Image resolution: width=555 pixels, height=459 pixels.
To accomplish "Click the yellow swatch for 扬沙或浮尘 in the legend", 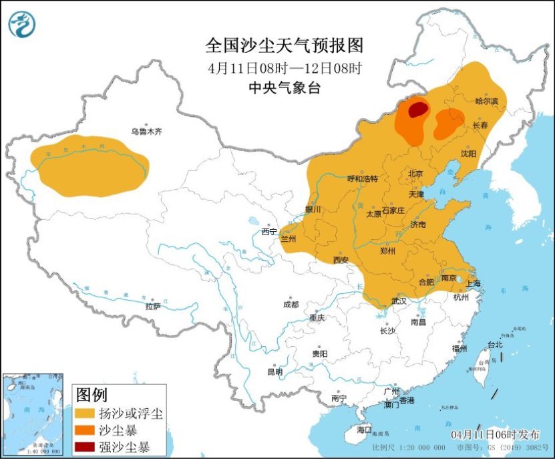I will pyautogui.click(x=85, y=414).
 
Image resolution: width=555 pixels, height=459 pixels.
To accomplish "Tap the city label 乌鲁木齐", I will pyautogui.click(x=146, y=132).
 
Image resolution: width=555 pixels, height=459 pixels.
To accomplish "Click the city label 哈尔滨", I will pyautogui.click(x=487, y=101).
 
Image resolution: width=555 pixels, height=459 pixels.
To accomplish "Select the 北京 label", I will pyautogui.click(x=415, y=174).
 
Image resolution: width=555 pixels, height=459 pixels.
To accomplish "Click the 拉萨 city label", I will pyautogui.click(x=153, y=307).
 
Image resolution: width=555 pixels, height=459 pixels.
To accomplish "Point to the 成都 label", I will pyautogui.click(x=291, y=305).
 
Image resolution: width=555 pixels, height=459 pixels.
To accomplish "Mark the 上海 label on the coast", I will pyautogui.click(x=474, y=283).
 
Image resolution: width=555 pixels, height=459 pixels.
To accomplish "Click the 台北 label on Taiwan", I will pyautogui.click(x=494, y=345).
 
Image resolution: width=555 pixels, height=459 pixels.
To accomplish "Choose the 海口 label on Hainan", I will pyautogui.click(x=364, y=428).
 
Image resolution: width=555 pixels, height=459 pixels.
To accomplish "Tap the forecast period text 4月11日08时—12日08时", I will pyautogui.click(x=284, y=67).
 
